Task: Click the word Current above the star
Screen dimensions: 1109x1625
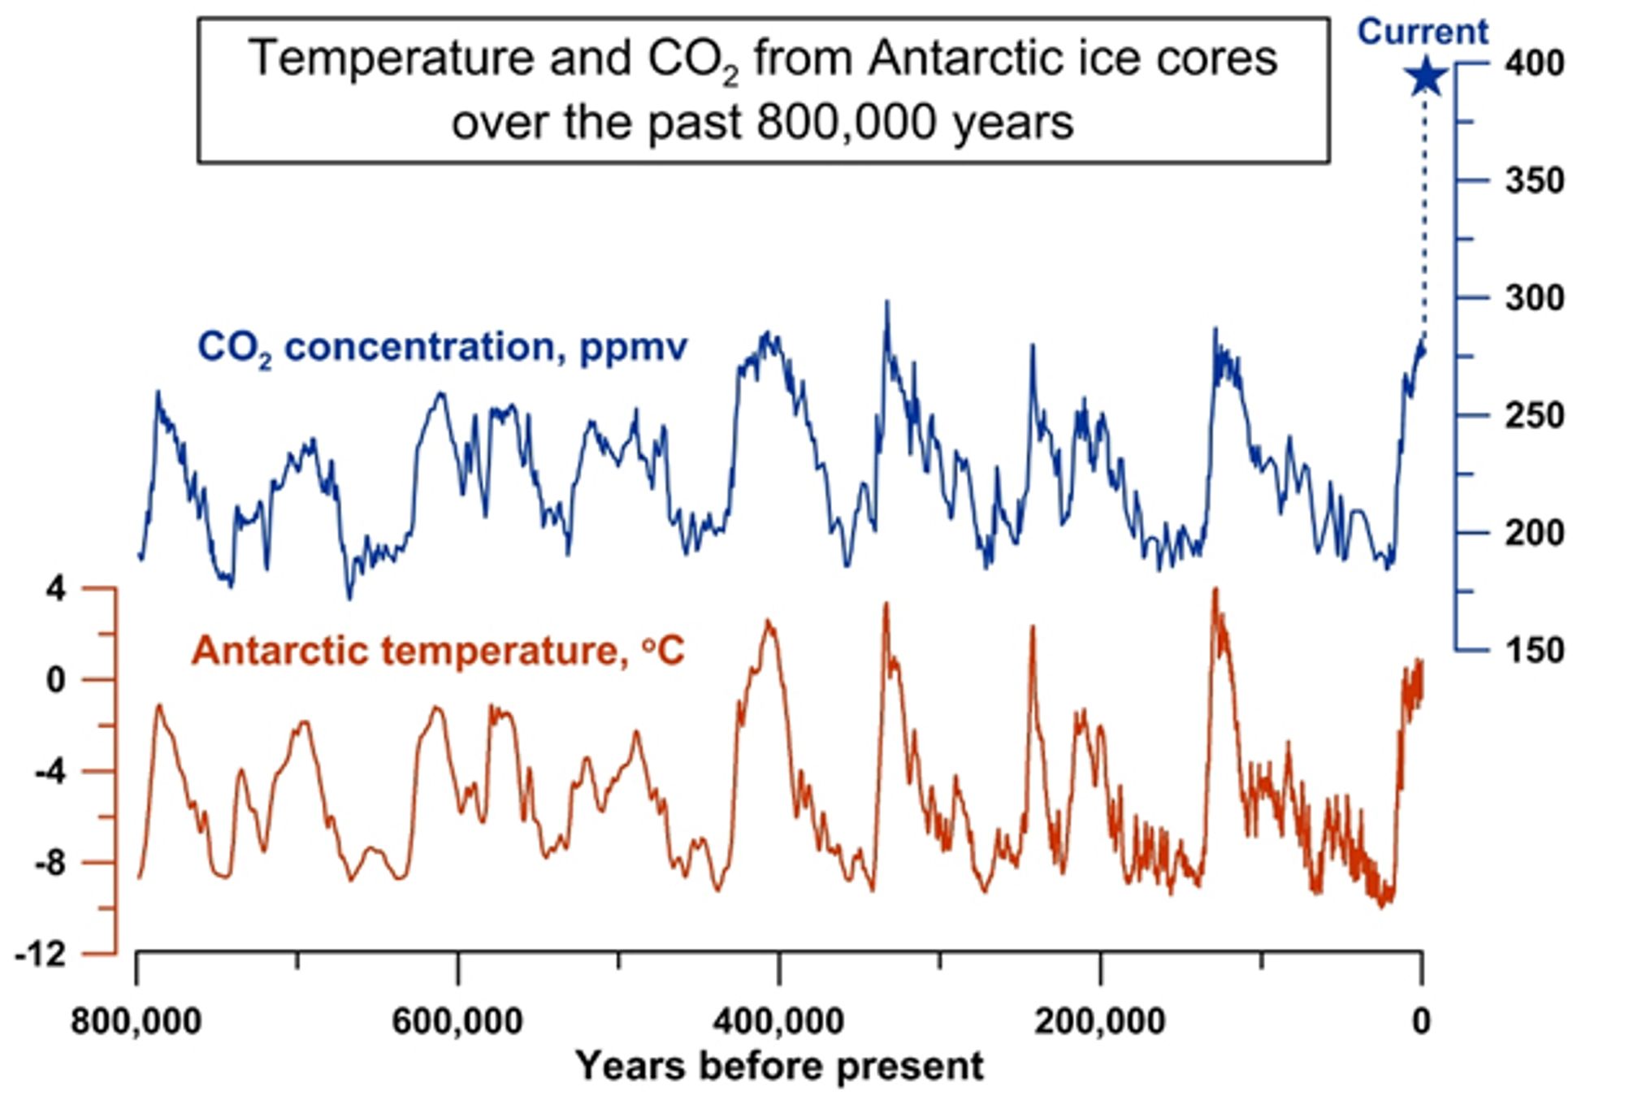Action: [1423, 32]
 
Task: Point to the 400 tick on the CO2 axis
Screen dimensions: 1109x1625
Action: [1534, 63]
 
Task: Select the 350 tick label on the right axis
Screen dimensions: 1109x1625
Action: [1534, 180]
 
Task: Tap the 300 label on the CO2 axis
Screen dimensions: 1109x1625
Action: [1534, 298]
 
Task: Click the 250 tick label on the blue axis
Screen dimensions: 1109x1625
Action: [1534, 416]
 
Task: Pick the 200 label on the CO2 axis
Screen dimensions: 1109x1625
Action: [1534, 533]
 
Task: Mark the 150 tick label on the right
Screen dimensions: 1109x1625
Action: [1534, 651]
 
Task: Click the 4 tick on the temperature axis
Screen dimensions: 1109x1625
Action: [55, 589]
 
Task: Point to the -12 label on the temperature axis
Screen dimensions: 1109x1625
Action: [41, 954]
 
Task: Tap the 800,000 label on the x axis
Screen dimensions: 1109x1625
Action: [136, 1020]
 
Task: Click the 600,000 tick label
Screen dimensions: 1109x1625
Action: [457, 1020]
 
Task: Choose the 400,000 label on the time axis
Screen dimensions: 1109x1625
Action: [778, 1020]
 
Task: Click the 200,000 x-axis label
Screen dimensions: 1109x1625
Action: [1099, 1020]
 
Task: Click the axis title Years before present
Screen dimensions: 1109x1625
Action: [778, 1066]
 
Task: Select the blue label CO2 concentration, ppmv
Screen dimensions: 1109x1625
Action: [443, 348]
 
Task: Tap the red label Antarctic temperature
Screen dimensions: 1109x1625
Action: [439, 651]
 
